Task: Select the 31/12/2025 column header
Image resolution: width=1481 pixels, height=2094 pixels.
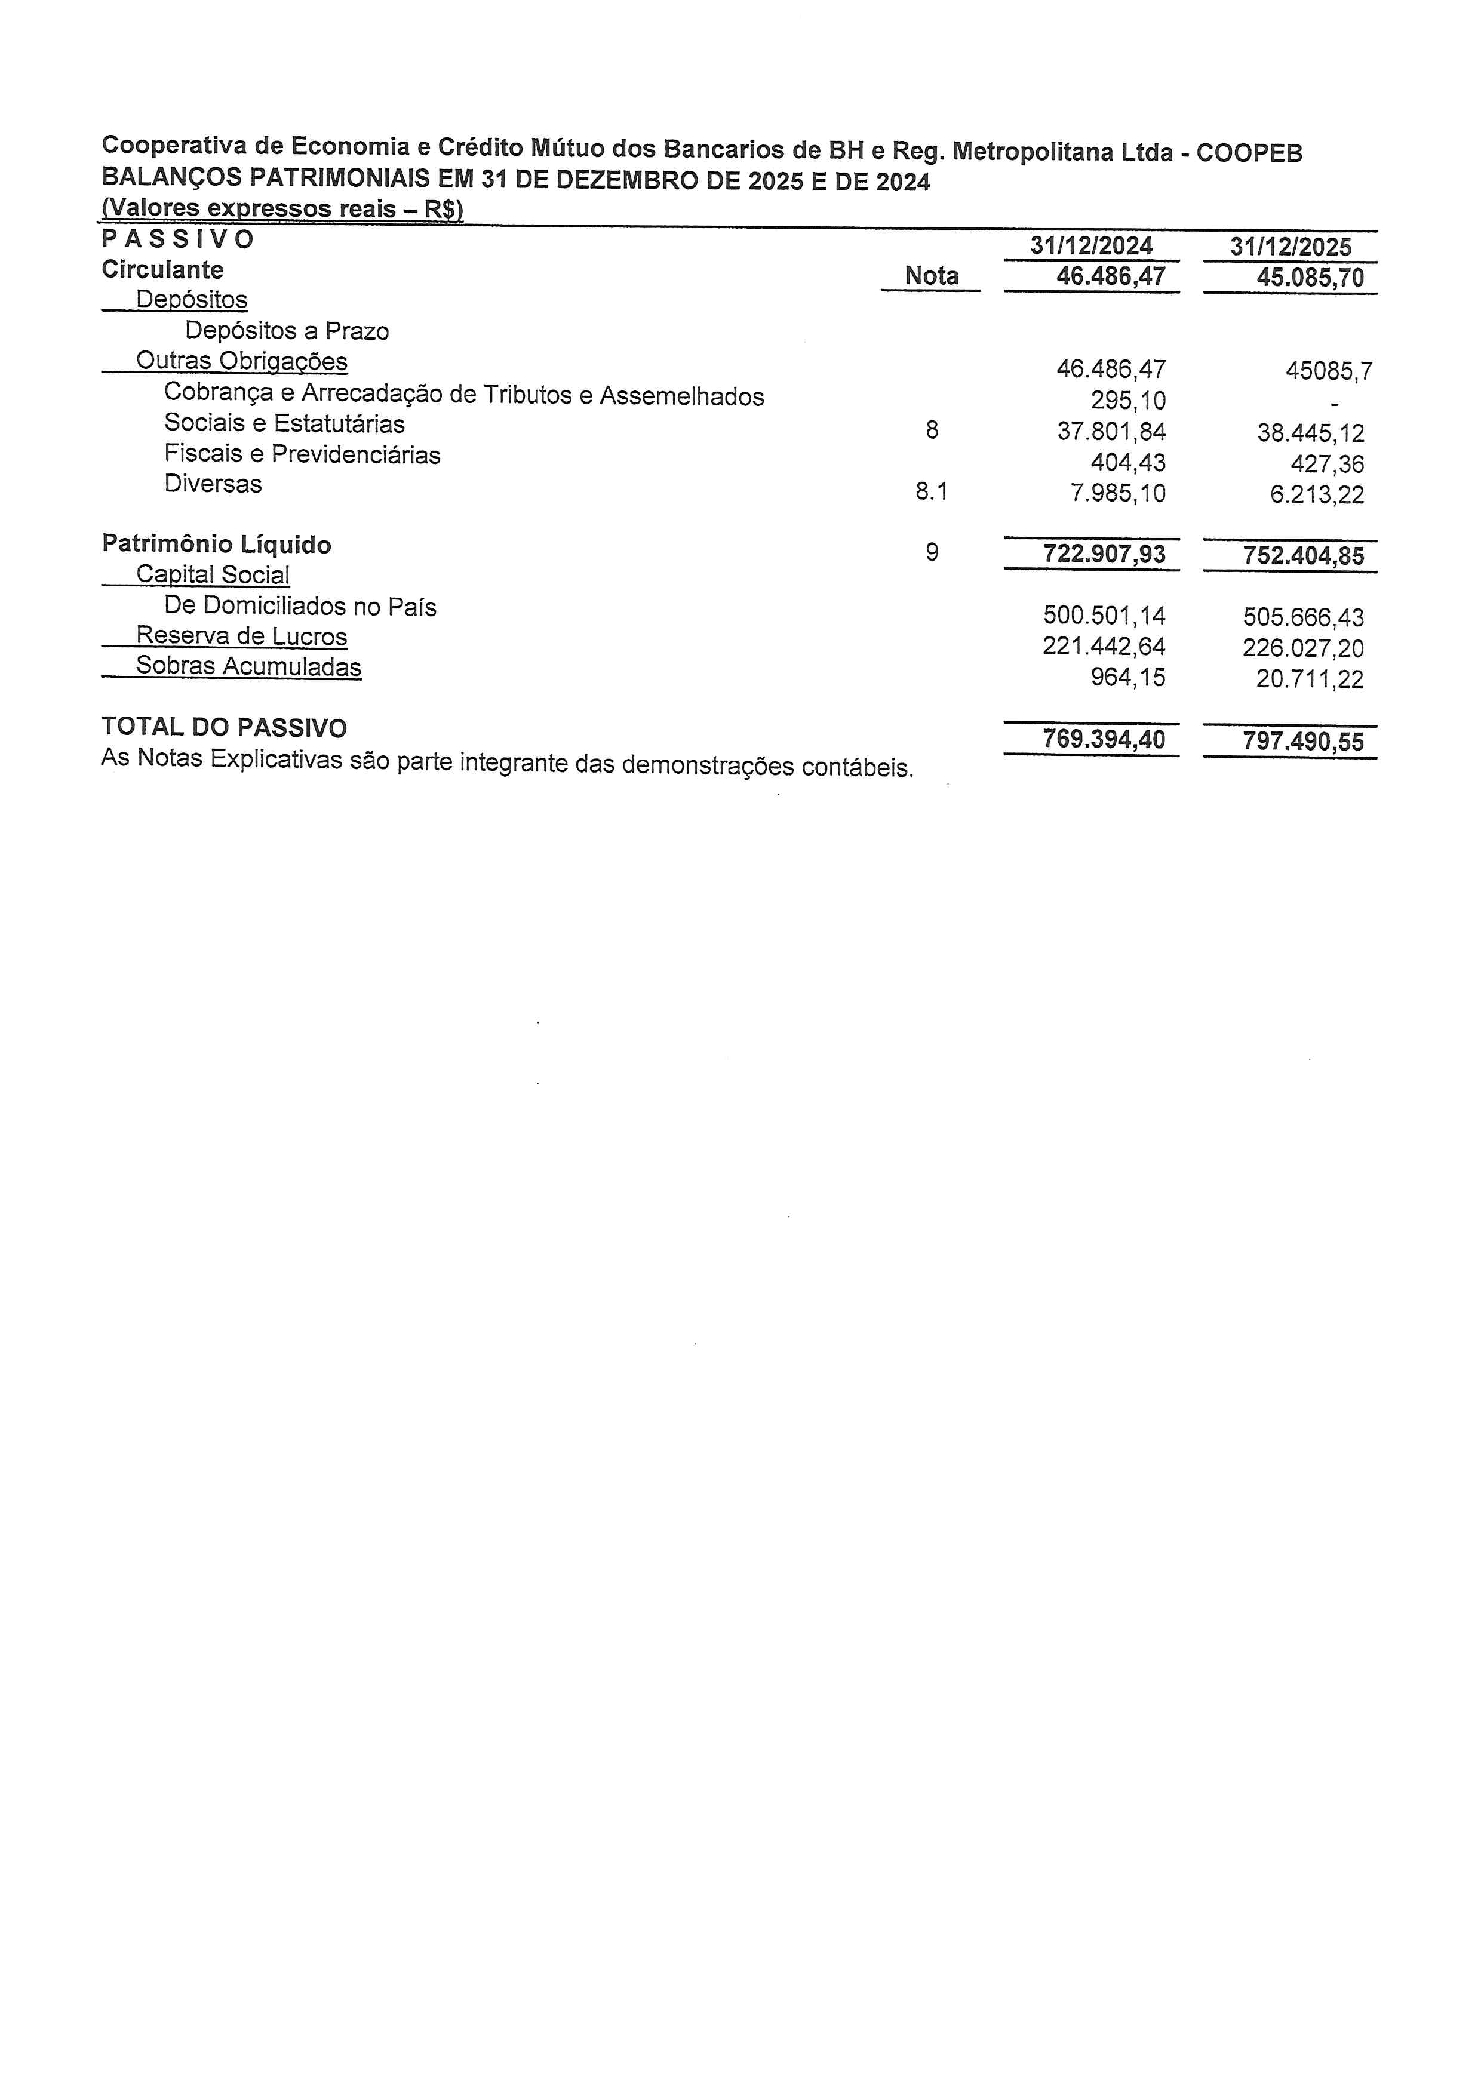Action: coord(1291,247)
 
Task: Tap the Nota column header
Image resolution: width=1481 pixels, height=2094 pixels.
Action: coord(931,275)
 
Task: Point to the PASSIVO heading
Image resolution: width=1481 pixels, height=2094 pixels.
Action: coord(178,239)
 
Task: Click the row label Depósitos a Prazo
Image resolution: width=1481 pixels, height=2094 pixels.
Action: coord(287,330)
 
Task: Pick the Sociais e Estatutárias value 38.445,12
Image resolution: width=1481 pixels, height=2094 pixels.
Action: coord(1310,432)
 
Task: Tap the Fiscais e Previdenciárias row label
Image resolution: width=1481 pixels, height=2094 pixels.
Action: coord(302,454)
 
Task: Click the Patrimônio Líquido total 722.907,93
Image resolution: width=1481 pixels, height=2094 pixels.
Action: coord(1104,554)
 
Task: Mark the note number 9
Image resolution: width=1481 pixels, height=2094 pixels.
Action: coord(931,552)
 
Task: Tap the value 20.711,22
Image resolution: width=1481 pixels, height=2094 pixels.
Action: coord(1310,678)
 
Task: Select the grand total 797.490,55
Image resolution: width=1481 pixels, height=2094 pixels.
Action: coord(1302,742)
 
